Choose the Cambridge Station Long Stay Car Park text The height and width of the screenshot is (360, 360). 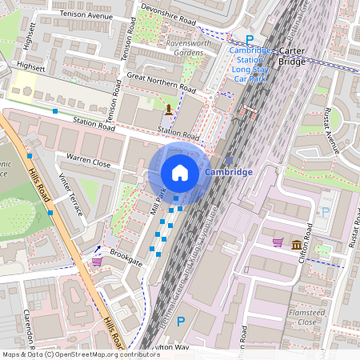tap(250, 65)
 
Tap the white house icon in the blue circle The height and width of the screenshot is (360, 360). tap(180, 173)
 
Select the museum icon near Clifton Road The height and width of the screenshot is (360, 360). tap(297, 244)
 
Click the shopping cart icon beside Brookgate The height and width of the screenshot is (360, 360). tap(97, 261)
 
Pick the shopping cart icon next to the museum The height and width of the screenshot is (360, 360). tap(278, 242)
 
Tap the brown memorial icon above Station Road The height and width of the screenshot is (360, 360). tap(168, 109)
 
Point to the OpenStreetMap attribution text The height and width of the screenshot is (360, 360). tap(80, 354)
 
